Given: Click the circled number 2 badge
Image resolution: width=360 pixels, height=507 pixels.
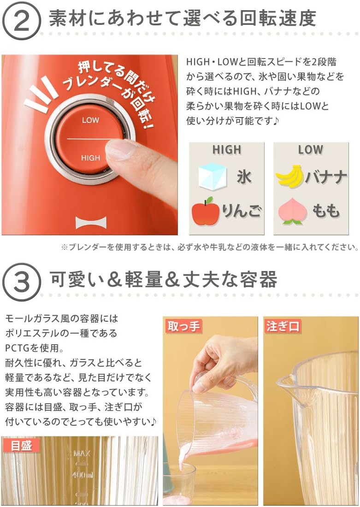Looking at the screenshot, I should [x=21, y=21].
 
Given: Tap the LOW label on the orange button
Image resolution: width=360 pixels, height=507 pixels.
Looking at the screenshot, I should [x=90, y=120].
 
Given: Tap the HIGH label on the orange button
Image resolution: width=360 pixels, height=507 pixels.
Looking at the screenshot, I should [x=90, y=158].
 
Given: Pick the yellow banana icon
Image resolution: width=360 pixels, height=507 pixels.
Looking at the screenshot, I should [x=289, y=177].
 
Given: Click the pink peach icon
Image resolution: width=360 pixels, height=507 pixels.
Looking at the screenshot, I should [x=292, y=212].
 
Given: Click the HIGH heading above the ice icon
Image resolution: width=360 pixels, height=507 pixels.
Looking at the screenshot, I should [x=227, y=150].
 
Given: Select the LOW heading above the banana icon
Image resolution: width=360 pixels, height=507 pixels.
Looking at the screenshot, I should [x=311, y=150].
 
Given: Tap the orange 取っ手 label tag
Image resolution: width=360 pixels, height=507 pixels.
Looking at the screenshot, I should [x=183, y=326].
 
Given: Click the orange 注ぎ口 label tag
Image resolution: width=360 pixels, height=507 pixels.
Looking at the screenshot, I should [x=283, y=326].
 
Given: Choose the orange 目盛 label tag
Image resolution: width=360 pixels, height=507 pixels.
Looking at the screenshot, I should [x=21, y=445].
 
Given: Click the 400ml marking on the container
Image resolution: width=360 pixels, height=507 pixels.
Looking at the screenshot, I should [x=83, y=475].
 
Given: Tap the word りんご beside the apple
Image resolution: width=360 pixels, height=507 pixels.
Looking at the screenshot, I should [x=242, y=212].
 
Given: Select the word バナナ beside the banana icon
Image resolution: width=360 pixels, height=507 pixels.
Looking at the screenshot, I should [x=325, y=177].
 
